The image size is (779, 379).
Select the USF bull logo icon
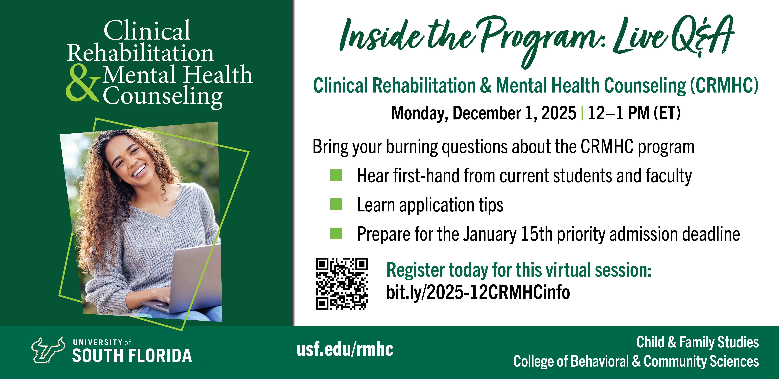[x=48, y=350]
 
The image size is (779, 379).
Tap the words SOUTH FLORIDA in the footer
[x=132, y=355]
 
